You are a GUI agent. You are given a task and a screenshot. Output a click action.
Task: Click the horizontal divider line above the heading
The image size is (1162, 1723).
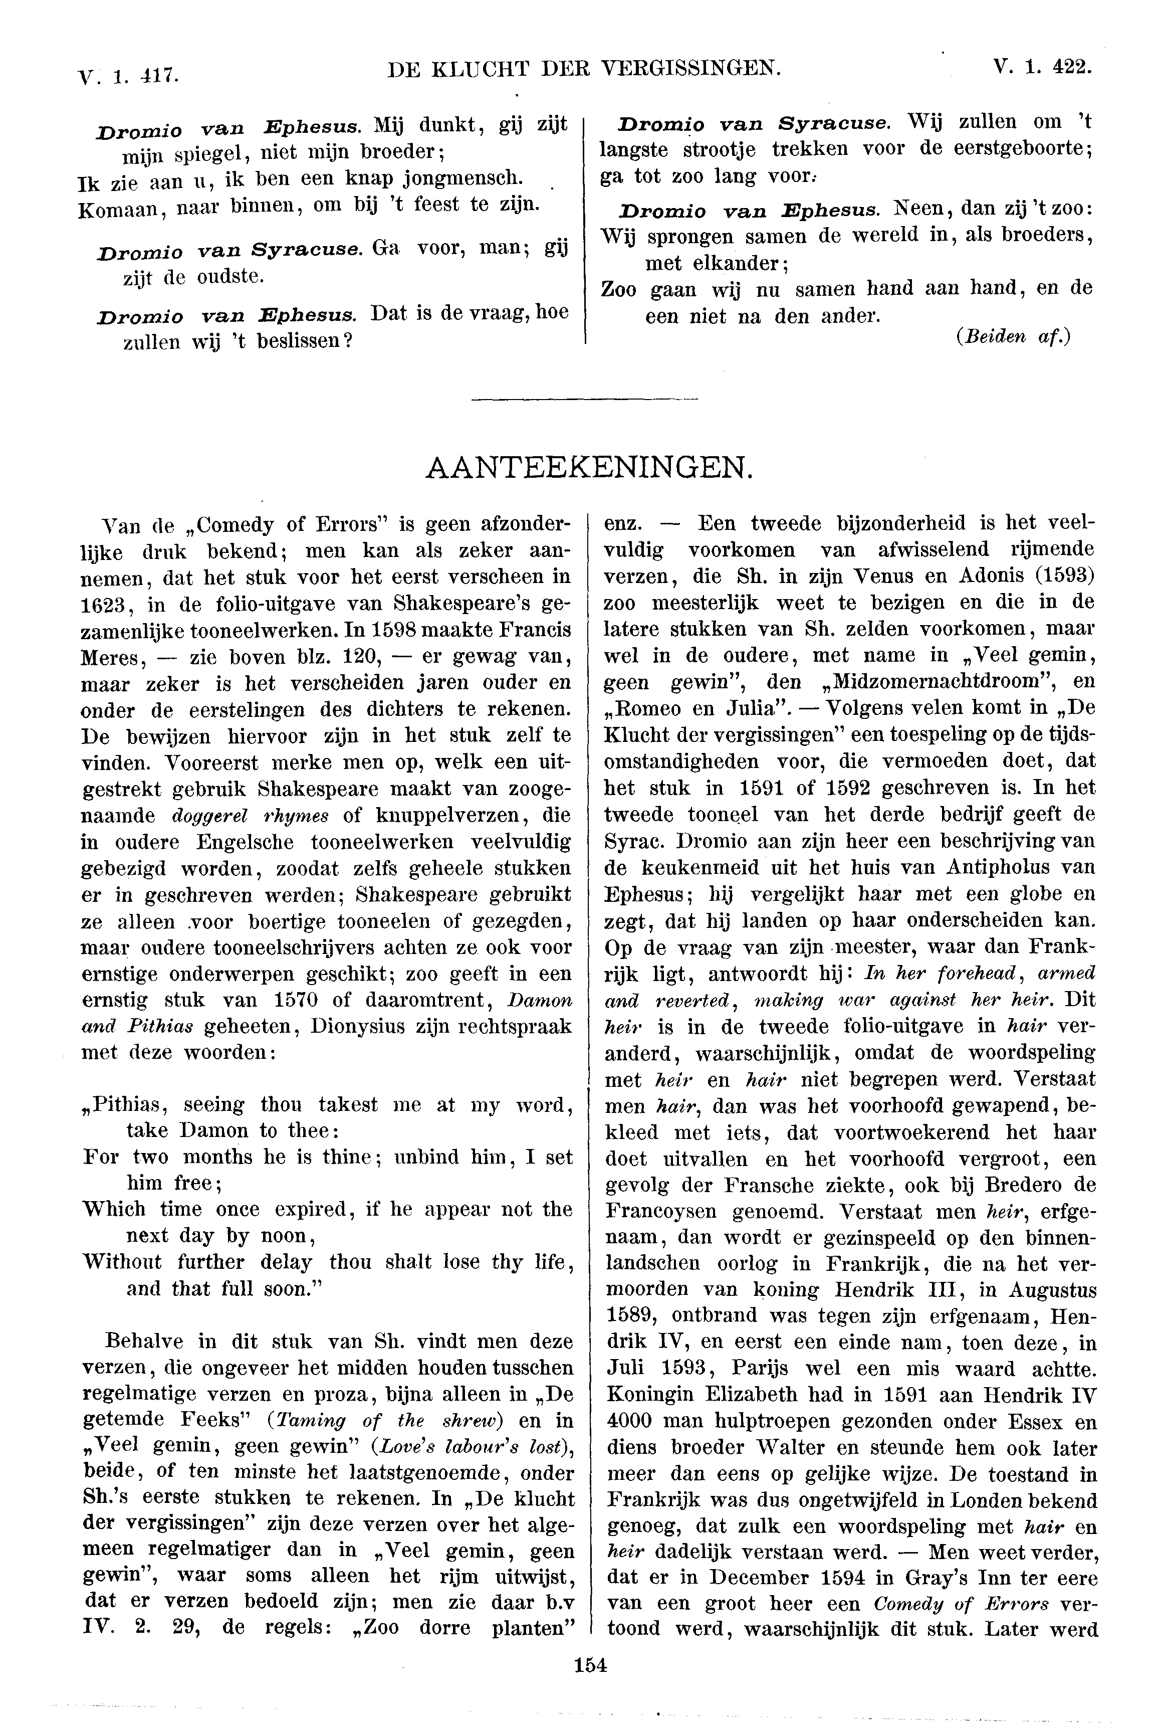coord(585,401)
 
